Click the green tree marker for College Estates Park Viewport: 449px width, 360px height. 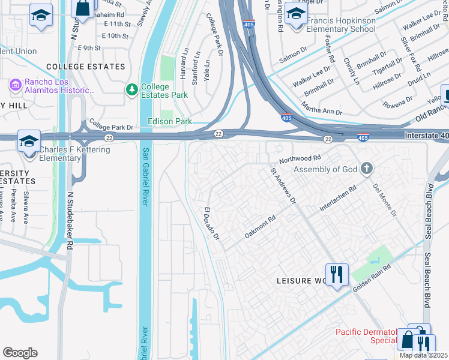[131, 89]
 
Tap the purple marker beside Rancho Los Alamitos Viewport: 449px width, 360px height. [16, 86]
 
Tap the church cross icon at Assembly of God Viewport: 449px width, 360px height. [367, 169]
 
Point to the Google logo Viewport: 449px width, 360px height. [20, 353]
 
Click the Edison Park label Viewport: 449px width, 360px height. [170, 122]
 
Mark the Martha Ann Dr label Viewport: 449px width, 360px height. [321, 109]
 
